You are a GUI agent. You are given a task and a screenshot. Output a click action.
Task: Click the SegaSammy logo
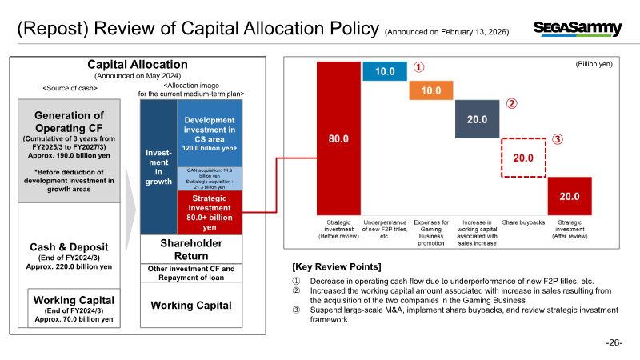(x=578, y=29)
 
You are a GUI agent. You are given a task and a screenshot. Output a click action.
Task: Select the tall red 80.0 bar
(x=338, y=138)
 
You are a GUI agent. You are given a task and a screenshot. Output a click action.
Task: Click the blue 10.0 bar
(x=385, y=71)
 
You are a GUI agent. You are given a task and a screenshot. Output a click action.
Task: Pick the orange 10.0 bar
(x=431, y=90)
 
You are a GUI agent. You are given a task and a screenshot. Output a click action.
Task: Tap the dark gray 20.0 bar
(x=477, y=119)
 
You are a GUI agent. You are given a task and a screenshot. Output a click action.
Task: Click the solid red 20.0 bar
(x=570, y=196)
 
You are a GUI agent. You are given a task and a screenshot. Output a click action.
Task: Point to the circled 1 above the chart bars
(x=418, y=67)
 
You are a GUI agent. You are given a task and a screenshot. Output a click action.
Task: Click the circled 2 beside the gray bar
(x=512, y=104)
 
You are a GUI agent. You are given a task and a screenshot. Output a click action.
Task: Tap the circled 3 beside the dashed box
(x=558, y=139)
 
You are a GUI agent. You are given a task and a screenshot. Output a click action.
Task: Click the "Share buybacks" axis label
(x=523, y=222)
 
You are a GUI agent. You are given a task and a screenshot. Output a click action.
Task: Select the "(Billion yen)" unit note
(x=594, y=64)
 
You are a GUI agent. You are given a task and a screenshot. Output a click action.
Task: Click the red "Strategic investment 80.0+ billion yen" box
(x=210, y=213)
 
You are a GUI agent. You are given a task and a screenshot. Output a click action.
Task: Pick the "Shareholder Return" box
(x=191, y=250)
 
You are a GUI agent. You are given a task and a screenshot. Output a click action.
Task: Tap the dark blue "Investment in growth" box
(x=158, y=167)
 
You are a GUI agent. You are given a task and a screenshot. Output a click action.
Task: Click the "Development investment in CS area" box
(x=210, y=134)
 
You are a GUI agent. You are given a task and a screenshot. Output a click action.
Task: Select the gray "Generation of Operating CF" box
(x=69, y=150)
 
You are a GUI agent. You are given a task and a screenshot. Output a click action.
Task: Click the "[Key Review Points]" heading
(x=337, y=267)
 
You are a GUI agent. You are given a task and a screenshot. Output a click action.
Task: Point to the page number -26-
(x=614, y=343)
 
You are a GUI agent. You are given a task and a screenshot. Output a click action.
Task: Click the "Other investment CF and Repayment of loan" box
(x=191, y=273)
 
